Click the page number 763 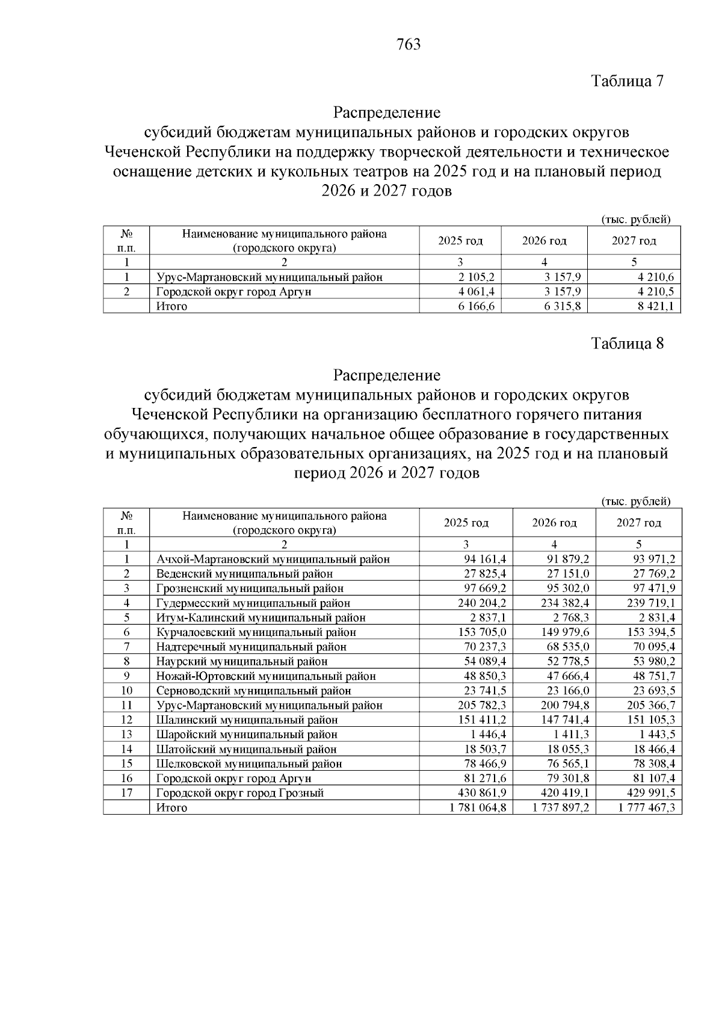409,45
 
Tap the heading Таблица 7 627,81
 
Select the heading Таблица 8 627,344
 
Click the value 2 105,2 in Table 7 475,277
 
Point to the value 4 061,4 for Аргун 475,292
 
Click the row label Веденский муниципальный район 244,574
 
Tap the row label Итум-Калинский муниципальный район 261,618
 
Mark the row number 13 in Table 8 126,735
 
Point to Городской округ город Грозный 240,793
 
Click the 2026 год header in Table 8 554,523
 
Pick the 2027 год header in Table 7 634,241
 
